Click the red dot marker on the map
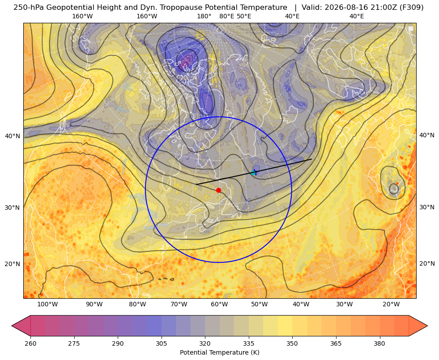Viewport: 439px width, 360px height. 218,190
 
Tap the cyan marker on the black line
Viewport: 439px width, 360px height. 254,173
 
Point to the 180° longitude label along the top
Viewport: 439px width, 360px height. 204,16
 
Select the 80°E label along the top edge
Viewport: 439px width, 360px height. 226,16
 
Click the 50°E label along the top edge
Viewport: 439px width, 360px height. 244,16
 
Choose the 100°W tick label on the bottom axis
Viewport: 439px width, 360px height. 47,305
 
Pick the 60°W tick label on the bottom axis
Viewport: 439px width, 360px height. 219,305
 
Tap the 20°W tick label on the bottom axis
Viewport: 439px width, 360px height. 391,305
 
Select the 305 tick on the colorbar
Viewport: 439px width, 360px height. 161,343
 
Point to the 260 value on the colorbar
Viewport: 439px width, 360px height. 30,343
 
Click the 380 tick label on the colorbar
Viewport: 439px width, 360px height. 379,343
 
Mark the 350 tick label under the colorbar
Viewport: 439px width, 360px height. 292,343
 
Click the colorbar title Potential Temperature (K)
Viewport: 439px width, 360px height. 219,352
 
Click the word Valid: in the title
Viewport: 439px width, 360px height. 310,8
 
